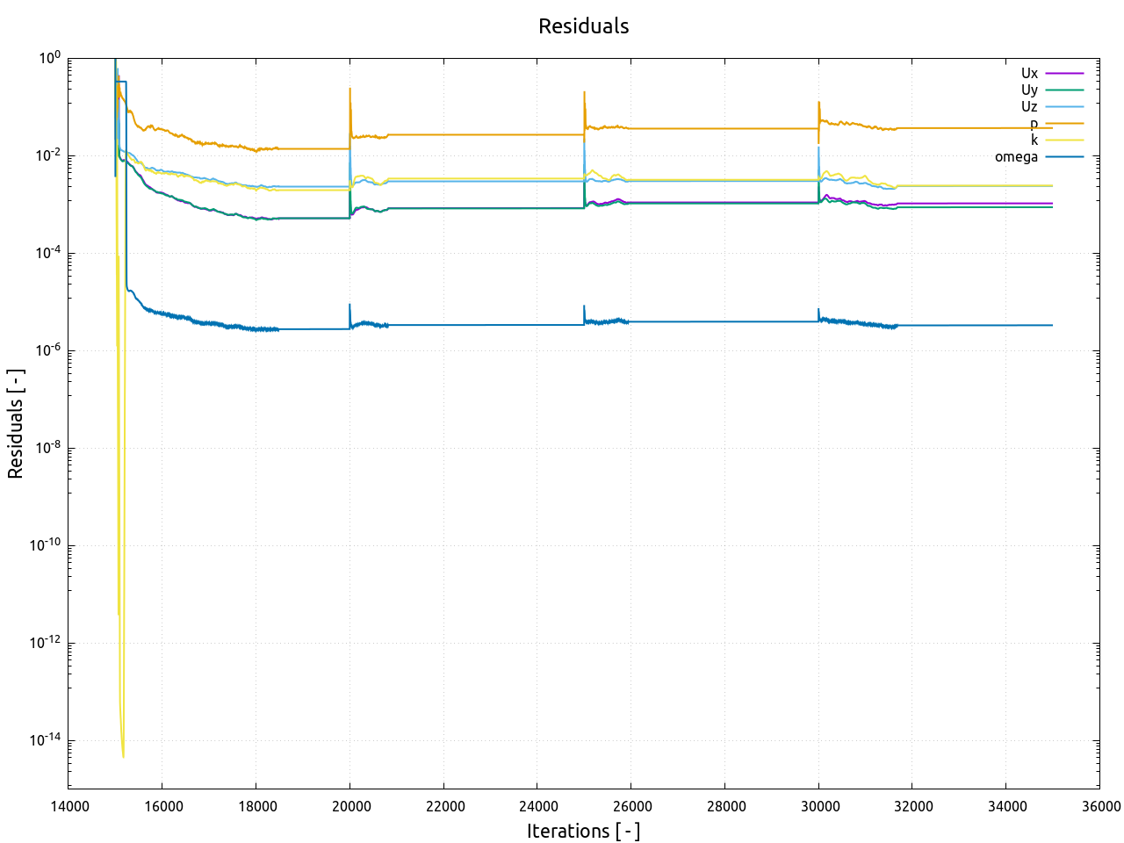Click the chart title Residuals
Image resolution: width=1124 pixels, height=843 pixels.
pyautogui.click(x=583, y=26)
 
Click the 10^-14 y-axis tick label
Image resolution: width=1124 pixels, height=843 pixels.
pyautogui.click(x=45, y=740)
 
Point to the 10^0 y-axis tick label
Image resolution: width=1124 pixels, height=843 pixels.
pyautogui.click(x=50, y=58)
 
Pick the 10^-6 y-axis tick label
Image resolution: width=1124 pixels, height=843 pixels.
pyautogui.click(x=47, y=350)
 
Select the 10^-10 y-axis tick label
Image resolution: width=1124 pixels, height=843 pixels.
pyautogui.click(x=45, y=545)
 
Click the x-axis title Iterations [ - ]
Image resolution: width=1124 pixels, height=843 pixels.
pyautogui.click(x=583, y=831)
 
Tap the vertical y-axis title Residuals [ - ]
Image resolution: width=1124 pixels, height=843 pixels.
pyautogui.click(x=16, y=423)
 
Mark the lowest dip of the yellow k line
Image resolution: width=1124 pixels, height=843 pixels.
pyautogui.click(x=123, y=756)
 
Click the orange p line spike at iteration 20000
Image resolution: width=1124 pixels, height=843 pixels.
pyautogui.click(x=349, y=90)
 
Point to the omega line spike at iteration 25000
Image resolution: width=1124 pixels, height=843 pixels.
pyautogui.click(x=584, y=306)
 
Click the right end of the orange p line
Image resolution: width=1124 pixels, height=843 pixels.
pyautogui.click(x=1052, y=128)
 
